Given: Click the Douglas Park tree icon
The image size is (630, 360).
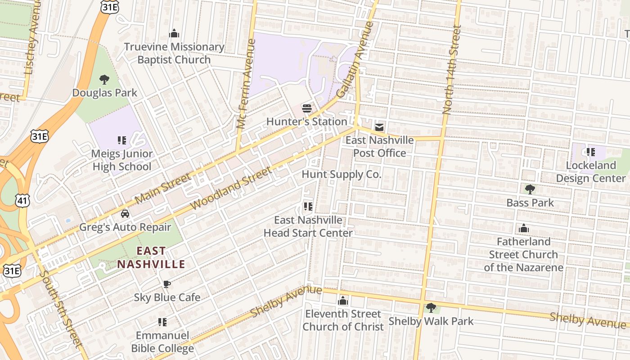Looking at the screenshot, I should (x=104, y=80).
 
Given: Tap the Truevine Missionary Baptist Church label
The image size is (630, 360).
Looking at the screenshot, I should (x=174, y=53).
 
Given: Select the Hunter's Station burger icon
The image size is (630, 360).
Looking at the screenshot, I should (x=307, y=108).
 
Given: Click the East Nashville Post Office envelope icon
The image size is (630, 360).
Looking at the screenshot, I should (x=379, y=127).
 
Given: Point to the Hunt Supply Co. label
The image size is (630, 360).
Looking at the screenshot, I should (x=341, y=175).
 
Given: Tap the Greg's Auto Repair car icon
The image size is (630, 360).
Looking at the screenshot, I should (x=125, y=213).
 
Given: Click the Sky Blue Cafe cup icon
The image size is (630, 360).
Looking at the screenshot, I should (x=166, y=284).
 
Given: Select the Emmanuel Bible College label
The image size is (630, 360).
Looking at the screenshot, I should (x=162, y=342).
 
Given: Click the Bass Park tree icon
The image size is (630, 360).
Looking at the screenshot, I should (x=530, y=189).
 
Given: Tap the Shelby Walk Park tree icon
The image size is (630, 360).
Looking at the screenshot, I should (x=431, y=308).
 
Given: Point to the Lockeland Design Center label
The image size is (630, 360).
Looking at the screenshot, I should (x=590, y=172).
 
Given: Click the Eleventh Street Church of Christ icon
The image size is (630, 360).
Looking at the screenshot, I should (x=343, y=300).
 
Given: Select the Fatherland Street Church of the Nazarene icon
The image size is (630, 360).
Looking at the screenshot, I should (x=523, y=228).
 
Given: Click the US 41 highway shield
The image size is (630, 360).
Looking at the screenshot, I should (x=22, y=200).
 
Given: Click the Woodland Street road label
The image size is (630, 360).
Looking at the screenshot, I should (x=231, y=188).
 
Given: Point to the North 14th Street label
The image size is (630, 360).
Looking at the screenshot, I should (x=451, y=70).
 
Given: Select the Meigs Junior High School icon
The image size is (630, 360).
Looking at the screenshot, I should (x=121, y=140).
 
